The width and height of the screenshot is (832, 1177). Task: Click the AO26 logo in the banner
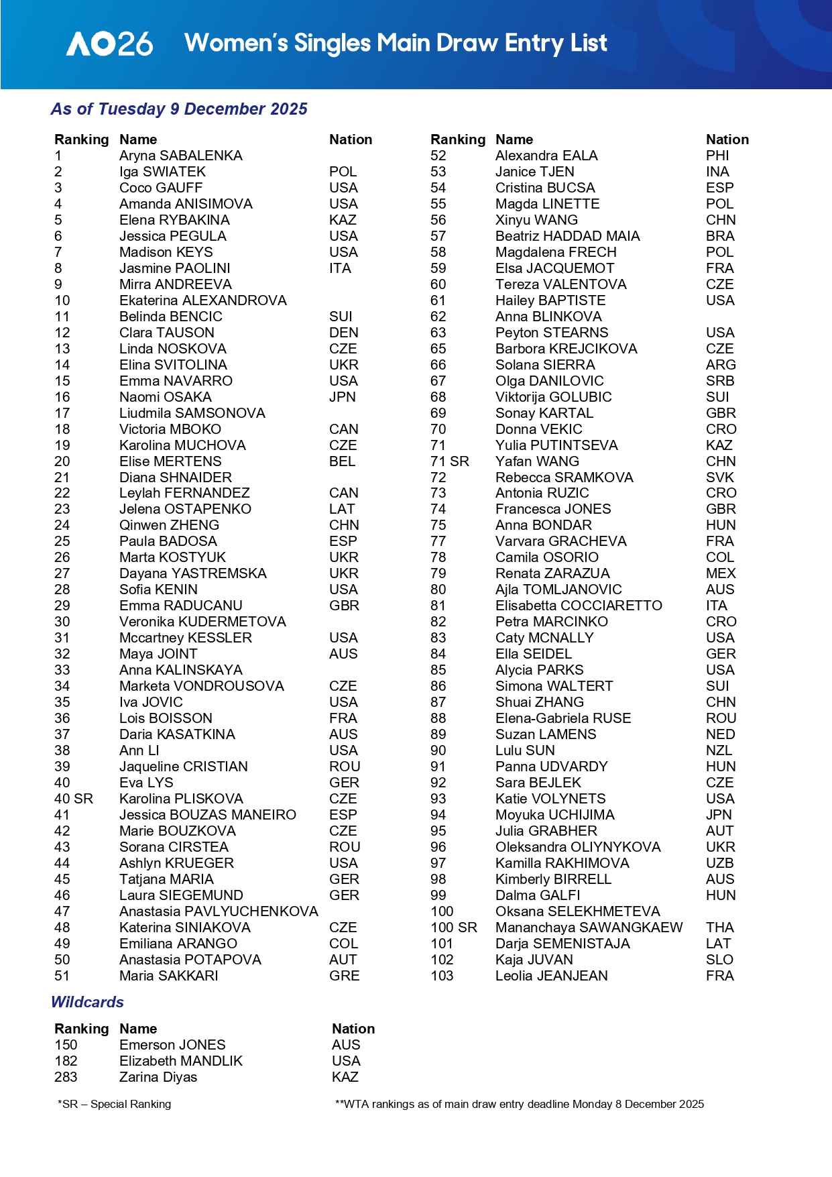(x=110, y=44)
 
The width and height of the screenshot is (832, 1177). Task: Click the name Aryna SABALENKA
(x=180, y=156)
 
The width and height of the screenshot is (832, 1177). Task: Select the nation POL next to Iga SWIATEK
(x=343, y=172)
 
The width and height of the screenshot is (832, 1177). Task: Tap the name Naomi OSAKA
(x=165, y=397)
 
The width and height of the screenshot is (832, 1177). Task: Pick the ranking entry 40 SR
(x=74, y=799)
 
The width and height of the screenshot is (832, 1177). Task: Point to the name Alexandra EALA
(x=546, y=156)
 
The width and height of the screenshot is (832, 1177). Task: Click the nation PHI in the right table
(x=717, y=156)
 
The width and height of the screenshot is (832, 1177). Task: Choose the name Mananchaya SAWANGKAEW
(x=589, y=928)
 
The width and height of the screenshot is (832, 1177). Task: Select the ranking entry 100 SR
(x=454, y=928)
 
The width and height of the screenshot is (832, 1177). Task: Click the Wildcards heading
(x=88, y=1002)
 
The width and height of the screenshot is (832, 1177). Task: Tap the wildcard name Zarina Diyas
(x=158, y=1077)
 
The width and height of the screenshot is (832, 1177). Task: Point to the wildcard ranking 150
(x=66, y=1045)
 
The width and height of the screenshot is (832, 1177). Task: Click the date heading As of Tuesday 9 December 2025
(x=179, y=109)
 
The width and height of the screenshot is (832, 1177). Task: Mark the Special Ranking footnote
(x=115, y=1104)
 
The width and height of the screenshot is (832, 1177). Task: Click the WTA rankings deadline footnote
(x=520, y=1104)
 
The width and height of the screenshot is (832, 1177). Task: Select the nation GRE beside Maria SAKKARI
(x=344, y=976)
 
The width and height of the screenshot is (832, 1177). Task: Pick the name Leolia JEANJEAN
(x=551, y=976)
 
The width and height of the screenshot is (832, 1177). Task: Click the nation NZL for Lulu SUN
(x=719, y=750)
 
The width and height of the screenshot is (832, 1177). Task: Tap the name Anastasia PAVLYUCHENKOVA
(x=219, y=911)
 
